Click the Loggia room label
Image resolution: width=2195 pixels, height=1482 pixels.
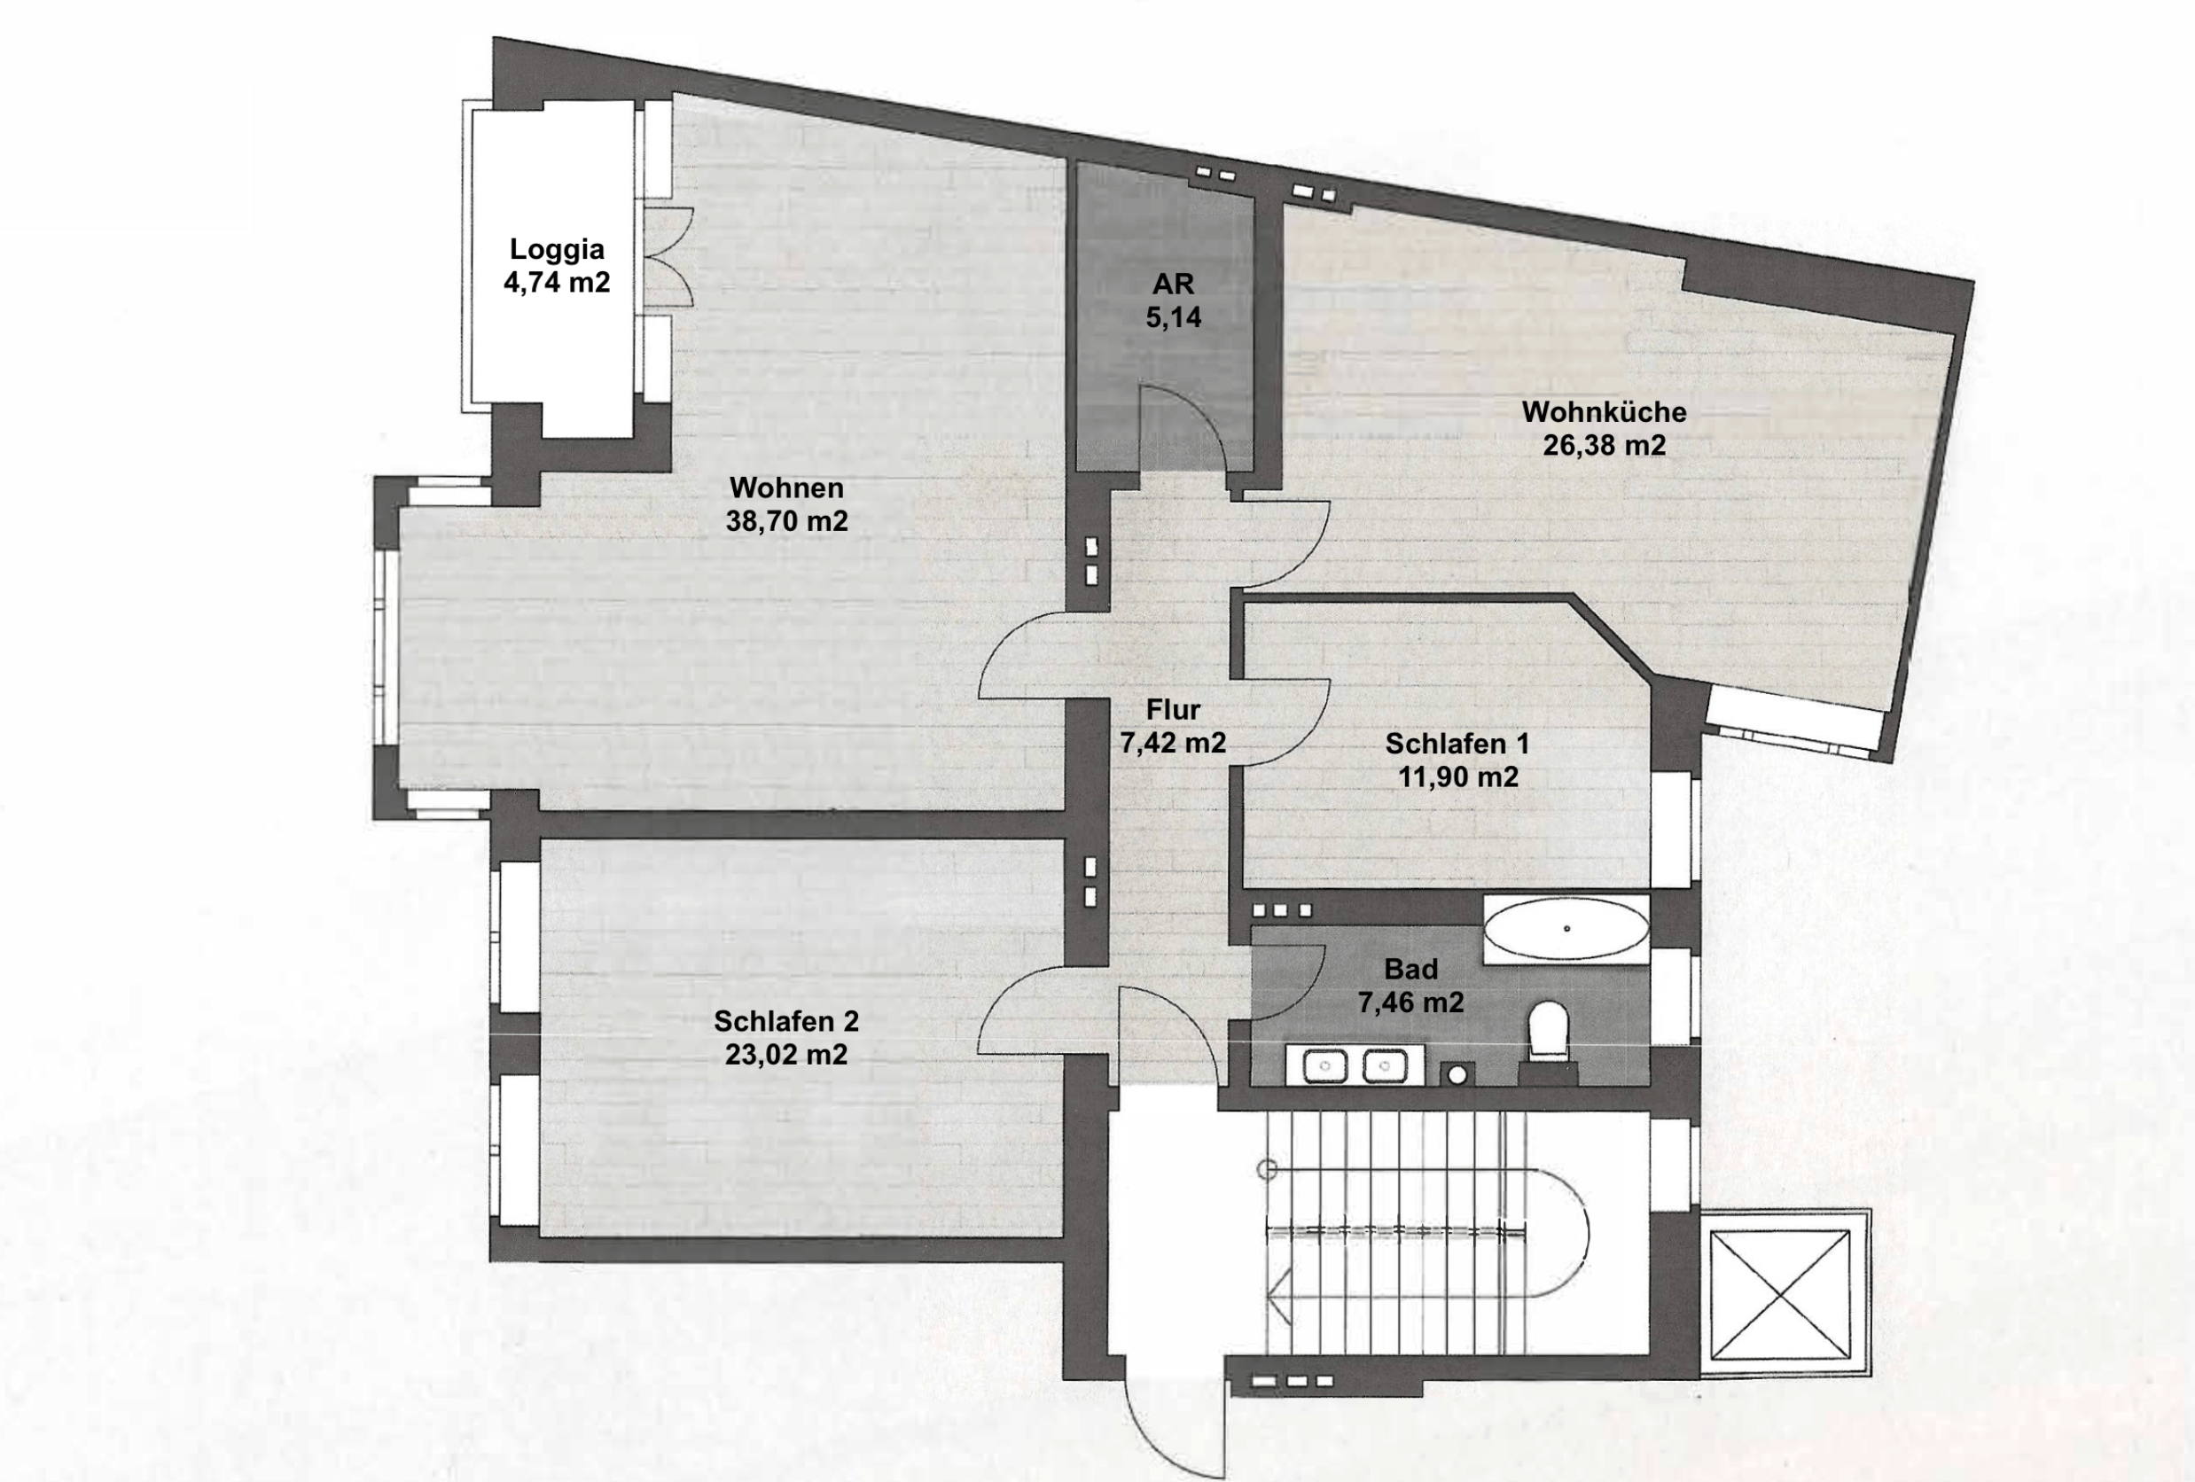(557, 249)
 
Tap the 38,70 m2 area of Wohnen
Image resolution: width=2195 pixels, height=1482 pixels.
(786, 520)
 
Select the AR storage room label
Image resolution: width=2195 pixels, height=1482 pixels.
(1173, 284)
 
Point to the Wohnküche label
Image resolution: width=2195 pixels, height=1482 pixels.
(1604, 412)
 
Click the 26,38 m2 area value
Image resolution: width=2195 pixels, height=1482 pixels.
(1604, 445)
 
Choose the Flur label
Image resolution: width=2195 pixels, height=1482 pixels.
(1173, 709)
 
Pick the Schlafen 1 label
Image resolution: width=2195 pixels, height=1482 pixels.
(1457, 744)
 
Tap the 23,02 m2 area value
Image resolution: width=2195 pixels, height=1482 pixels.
(786, 1054)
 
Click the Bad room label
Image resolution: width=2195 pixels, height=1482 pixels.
(1411, 969)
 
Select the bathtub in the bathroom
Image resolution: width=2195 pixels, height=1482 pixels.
(1566, 930)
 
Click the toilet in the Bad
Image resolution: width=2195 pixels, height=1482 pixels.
(1548, 1032)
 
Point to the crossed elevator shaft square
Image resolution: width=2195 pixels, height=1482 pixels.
(1780, 1295)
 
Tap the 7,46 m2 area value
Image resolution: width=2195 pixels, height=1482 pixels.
(1411, 1002)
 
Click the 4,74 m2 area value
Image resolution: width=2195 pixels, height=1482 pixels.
(557, 283)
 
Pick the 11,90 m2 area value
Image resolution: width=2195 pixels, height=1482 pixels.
(1457, 776)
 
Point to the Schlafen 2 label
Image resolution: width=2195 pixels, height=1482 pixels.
(786, 1021)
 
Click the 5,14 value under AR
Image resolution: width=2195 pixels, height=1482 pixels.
(1173, 317)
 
